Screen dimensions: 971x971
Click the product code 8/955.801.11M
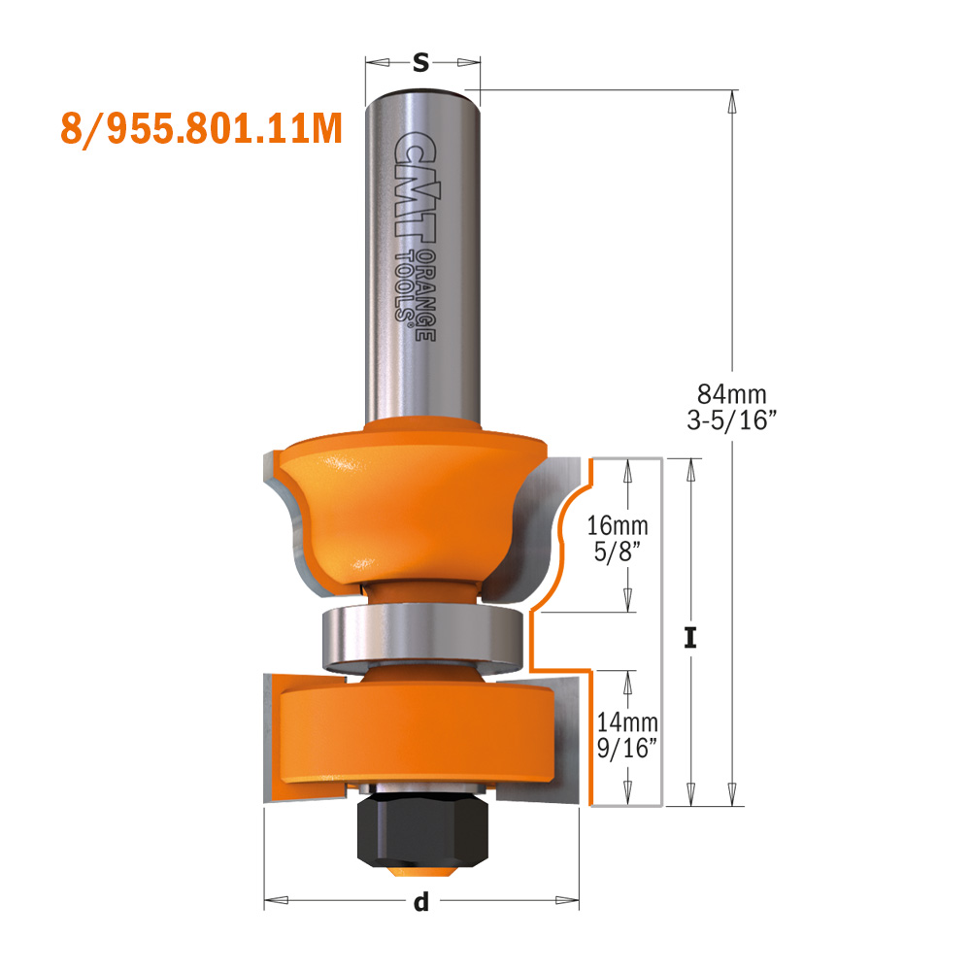click(x=201, y=129)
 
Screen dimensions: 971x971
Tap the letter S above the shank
click(x=420, y=63)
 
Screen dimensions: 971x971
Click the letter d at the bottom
click(x=420, y=903)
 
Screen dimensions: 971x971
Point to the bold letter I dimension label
click(x=690, y=638)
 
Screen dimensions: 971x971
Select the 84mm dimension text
click(x=732, y=394)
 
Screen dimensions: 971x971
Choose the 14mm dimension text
click(x=626, y=722)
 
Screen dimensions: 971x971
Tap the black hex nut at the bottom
click(x=419, y=825)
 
